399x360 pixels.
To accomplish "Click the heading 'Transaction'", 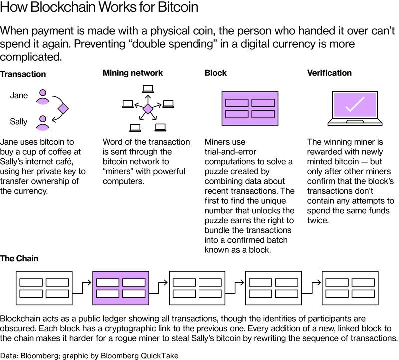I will tap(23, 74).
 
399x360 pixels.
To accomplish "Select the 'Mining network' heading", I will tap(132, 73).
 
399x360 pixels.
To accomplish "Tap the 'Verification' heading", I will tap(329, 73).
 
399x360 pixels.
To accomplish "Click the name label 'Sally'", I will tap(19, 121).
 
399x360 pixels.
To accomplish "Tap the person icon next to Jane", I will tap(43, 96).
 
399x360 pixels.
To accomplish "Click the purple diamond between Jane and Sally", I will tap(63, 109).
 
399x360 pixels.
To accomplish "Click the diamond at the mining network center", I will tap(147, 109).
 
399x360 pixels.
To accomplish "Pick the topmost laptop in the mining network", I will tap(147, 89).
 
